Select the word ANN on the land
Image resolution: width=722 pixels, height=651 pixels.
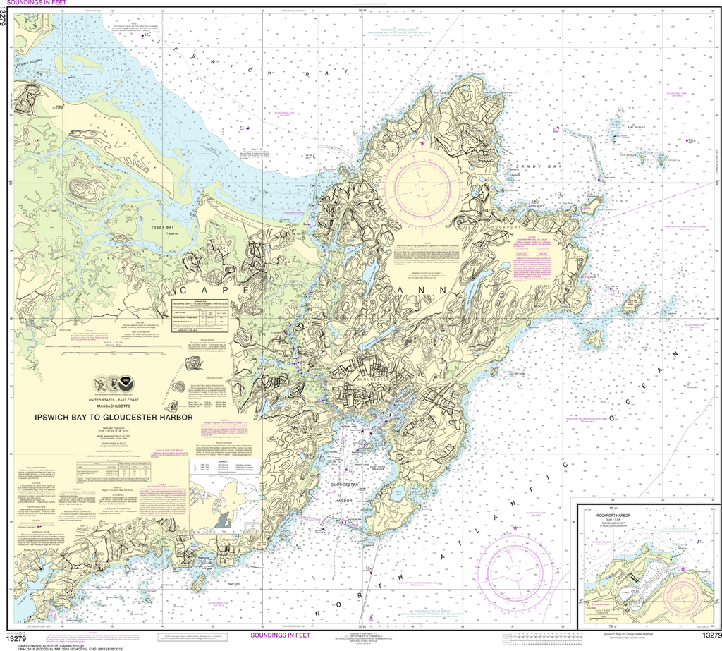pyautogui.click(x=432, y=289)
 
